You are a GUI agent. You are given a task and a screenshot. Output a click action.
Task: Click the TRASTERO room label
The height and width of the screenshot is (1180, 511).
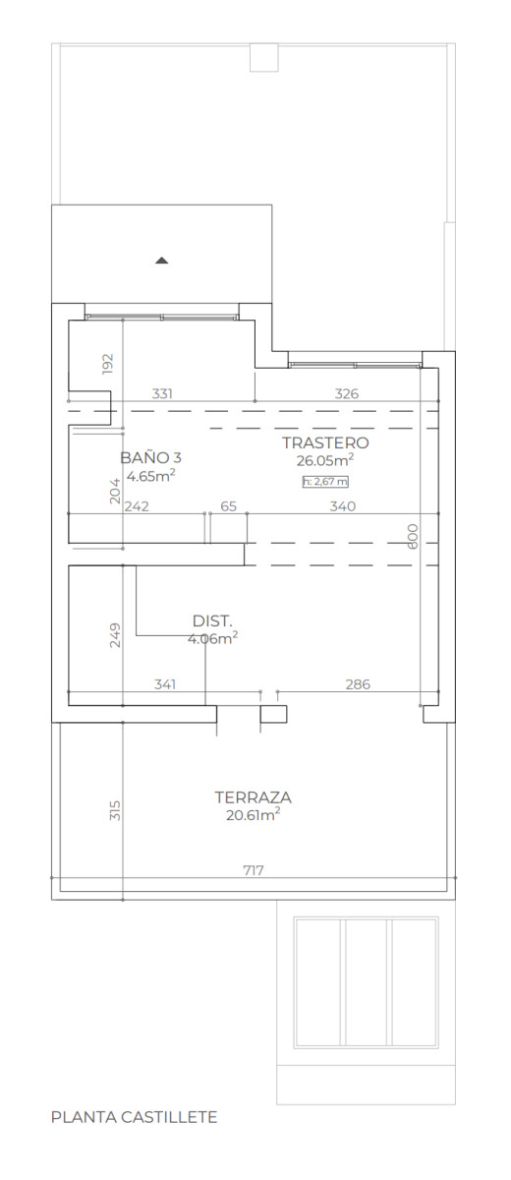pyautogui.click(x=325, y=442)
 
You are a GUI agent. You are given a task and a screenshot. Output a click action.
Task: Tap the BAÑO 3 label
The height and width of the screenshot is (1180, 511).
pyautogui.click(x=150, y=457)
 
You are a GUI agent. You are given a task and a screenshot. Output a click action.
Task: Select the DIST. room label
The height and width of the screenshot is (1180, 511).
pyautogui.click(x=212, y=620)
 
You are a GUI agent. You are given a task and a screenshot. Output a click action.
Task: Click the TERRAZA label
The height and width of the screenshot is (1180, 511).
pyautogui.click(x=253, y=797)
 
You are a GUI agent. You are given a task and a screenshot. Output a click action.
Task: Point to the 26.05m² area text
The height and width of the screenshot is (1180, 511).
pyautogui.click(x=324, y=460)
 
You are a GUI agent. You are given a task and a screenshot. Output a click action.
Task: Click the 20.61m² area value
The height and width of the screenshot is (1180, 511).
pyautogui.click(x=254, y=814)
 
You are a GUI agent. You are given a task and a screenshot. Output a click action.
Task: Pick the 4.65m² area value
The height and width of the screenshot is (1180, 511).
pyautogui.click(x=150, y=475)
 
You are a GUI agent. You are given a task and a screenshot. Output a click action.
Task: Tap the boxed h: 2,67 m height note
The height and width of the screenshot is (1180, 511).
pyautogui.click(x=325, y=481)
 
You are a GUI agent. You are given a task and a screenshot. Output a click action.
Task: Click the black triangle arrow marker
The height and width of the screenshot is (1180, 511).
pyautogui.click(x=161, y=260)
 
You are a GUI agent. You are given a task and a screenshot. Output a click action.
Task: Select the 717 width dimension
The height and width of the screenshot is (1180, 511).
pyautogui.click(x=254, y=870)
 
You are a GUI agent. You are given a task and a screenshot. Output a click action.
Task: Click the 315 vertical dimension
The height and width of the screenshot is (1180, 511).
pyautogui.click(x=115, y=810)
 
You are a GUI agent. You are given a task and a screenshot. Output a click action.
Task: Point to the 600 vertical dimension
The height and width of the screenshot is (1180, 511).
pyautogui.click(x=413, y=536)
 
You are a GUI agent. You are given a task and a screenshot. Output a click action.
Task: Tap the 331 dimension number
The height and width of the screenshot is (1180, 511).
pyautogui.click(x=162, y=393)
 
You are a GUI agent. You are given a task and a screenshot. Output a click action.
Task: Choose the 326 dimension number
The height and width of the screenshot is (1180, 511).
pyautogui.click(x=346, y=393)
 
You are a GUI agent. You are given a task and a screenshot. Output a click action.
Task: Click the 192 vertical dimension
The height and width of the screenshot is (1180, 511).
pyautogui.click(x=107, y=364)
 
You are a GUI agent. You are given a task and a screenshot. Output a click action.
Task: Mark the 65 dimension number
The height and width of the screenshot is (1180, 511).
pyautogui.click(x=228, y=506)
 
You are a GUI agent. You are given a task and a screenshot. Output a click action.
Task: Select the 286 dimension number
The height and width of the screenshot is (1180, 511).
pyautogui.click(x=358, y=684)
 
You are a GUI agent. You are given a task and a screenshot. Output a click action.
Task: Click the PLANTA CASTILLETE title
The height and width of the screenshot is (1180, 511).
pyautogui.click(x=135, y=1117)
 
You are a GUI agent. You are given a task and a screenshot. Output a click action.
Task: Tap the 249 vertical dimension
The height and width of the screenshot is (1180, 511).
pyautogui.click(x=115, y=635)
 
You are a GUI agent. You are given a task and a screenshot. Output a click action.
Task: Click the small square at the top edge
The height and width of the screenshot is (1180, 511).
pyautogui.click(x=263, y=57)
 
